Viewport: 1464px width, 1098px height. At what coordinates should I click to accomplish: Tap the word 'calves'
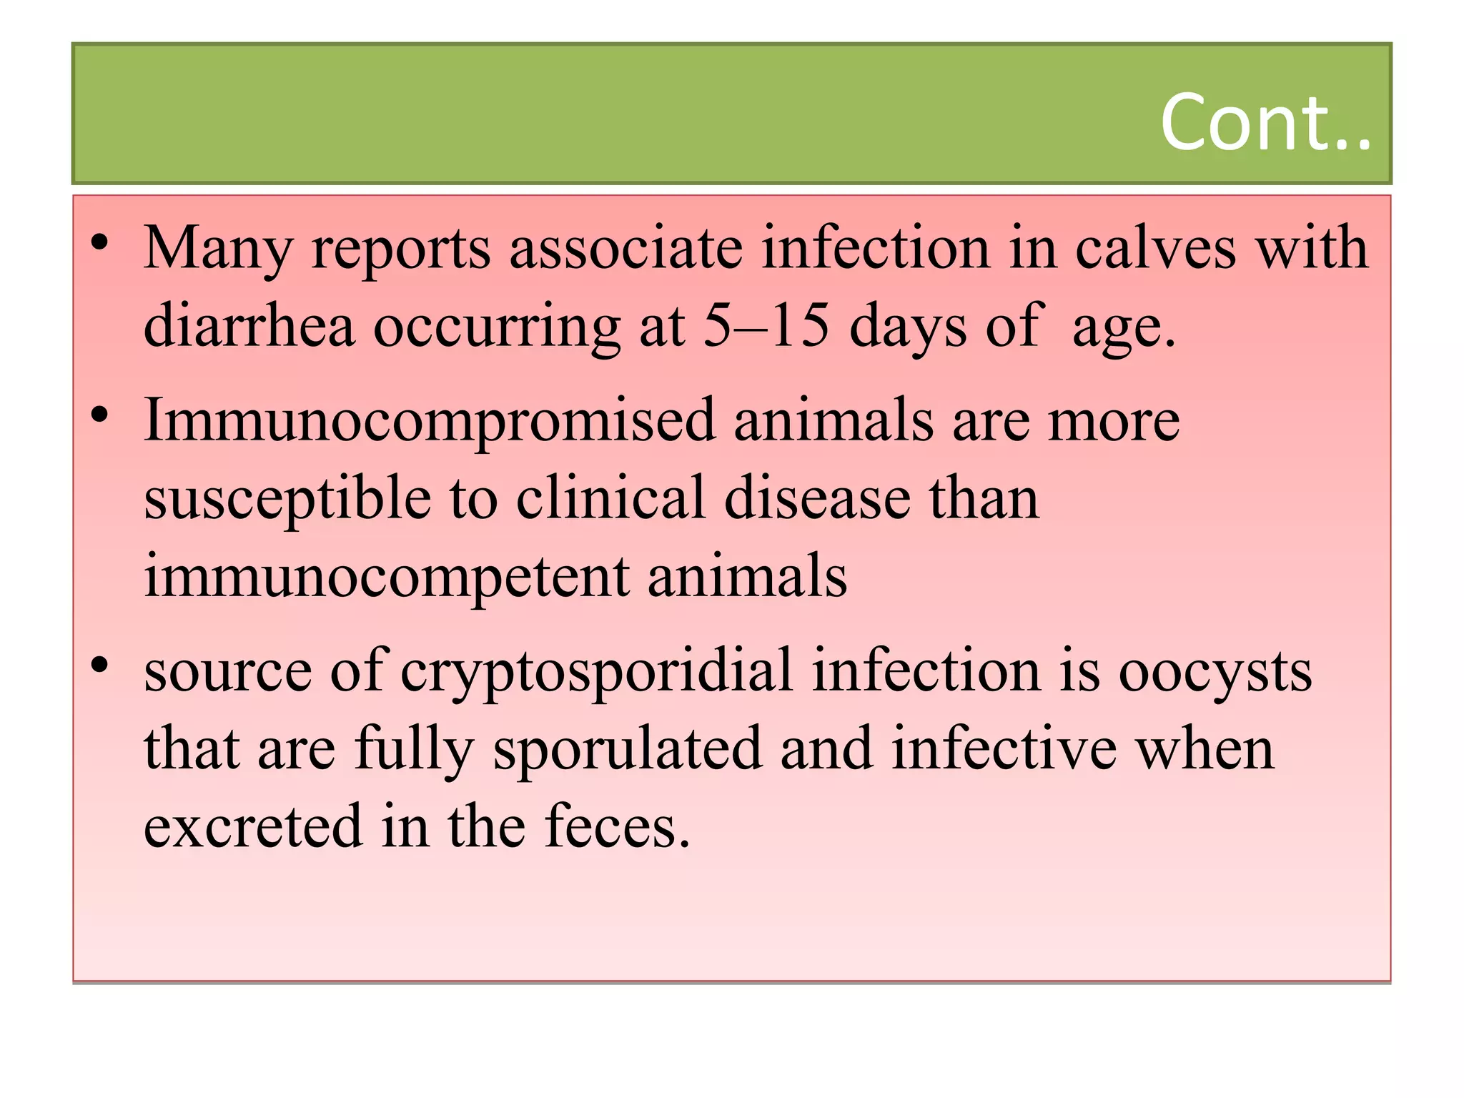[x=1156, y=248]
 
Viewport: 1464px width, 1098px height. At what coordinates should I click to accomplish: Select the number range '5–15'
[x=766, y=326]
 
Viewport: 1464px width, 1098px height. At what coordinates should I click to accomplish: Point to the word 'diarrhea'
[x=249, y=326]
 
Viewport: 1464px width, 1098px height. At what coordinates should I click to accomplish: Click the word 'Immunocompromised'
[x=429, y=422]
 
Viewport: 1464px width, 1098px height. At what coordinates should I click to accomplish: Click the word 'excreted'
[x=253, y=826]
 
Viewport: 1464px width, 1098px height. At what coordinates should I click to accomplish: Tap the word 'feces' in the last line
[x=616, y=826]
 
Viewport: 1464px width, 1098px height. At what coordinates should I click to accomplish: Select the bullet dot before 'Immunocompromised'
[x=99, y=414]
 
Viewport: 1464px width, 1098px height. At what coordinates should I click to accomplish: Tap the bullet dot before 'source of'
[x=99, y=665]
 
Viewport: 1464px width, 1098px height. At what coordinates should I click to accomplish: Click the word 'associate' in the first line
[x=625, y=248]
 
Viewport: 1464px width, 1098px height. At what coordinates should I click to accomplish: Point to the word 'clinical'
[x=610, y=499]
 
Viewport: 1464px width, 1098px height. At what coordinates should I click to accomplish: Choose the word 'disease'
[x=817, y=499]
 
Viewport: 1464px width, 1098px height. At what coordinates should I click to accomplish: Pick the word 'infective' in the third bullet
[x=1004, y=749]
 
